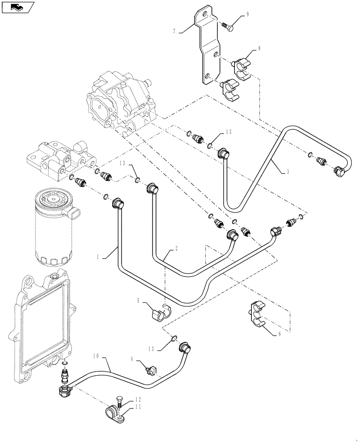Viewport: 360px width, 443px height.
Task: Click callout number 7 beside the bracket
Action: (175, 31)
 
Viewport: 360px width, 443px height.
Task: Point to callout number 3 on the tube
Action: (288, 171)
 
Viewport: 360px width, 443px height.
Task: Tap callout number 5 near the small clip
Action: (138, 300)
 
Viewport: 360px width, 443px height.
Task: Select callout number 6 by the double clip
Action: (279, 334)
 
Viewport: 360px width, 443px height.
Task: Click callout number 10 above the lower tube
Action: (95, 356)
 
